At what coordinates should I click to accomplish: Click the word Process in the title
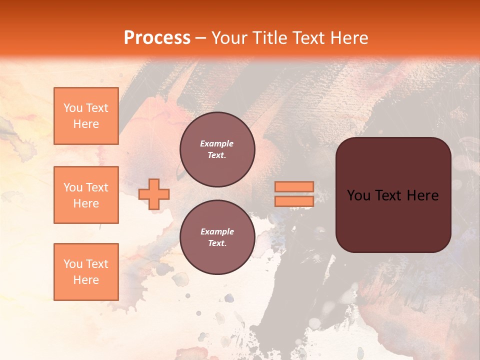pos(157,38)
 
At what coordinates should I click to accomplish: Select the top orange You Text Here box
pos(86,116)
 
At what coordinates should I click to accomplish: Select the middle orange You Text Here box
pos(86,195)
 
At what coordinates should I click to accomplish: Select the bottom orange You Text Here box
pos(86,272)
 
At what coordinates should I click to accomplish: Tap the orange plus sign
pos(154,194)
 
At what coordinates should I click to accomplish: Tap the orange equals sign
pos(294,194)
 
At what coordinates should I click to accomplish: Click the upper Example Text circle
pos(217,149)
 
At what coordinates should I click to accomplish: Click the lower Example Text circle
pos(217,237)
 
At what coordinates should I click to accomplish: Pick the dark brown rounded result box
pos(393,195)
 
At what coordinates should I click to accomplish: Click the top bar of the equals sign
pos(294,187)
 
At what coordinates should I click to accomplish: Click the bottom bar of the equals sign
pos(294,201)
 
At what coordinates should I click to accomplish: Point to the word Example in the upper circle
pos(217,144)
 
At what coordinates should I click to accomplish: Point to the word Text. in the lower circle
pos(217,243)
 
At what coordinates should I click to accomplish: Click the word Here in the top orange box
pos(86,124)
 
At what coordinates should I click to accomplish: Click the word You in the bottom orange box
pos(73,264)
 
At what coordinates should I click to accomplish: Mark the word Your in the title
pos(229,38)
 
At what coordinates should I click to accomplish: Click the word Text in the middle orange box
pos(96,187)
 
